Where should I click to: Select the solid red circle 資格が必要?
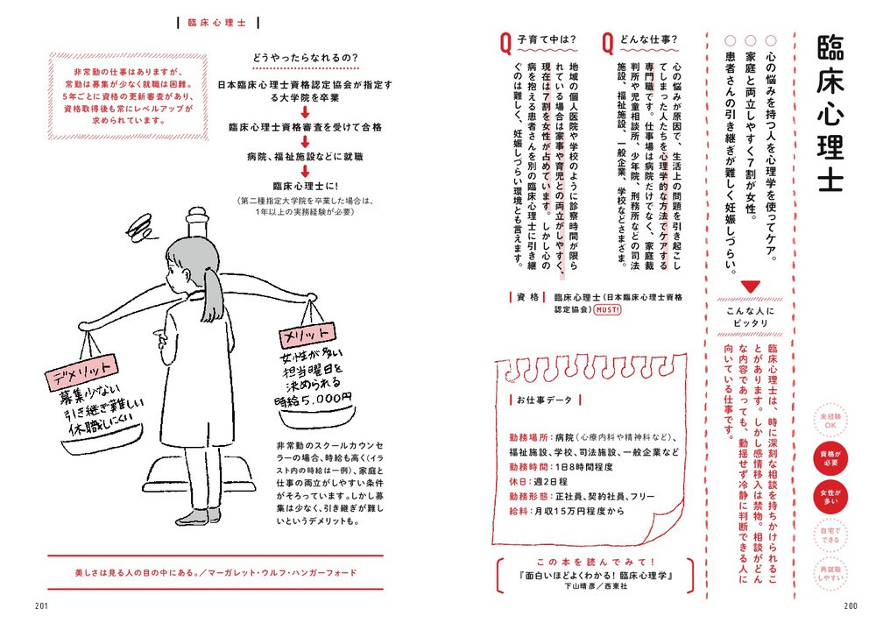point(833,457)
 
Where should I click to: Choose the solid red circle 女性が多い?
point(833,497)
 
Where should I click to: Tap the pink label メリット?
point(305,335)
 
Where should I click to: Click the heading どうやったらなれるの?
point(303,59)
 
